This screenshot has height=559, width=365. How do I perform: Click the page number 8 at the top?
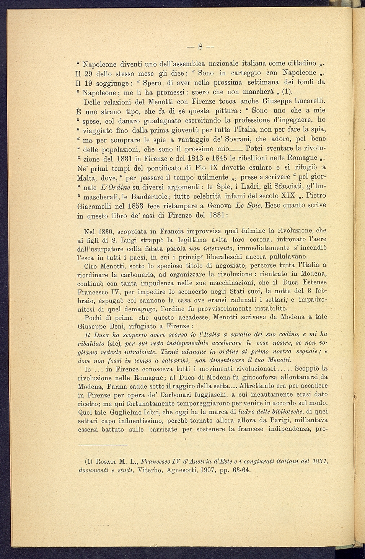(200, 47)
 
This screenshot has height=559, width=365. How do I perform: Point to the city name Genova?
(220, 206)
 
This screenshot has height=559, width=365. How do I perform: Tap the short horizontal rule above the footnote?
(103, 445)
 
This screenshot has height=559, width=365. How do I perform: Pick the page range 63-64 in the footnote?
(241, 470)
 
